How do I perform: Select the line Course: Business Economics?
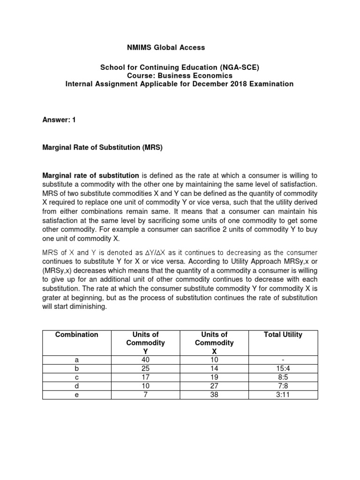pyautogui.click(x=180, y=75)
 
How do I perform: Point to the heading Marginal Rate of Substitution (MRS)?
pyautogui.click(x=102, y=147)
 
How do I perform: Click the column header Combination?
pyautogui.click(x=77, y=334)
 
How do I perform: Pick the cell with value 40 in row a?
pyautogui.click(x=146, y=360)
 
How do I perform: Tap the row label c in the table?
pyautogui.click(x=77, y=377)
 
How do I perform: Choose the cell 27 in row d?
pyautogui.click(x=214, y=386)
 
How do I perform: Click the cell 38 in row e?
pyautogui.click(x=214, y=395)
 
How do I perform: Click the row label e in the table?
pyautogui.click(x=77, y=395)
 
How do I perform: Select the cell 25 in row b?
pyautogui.click(x=146, y=368)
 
